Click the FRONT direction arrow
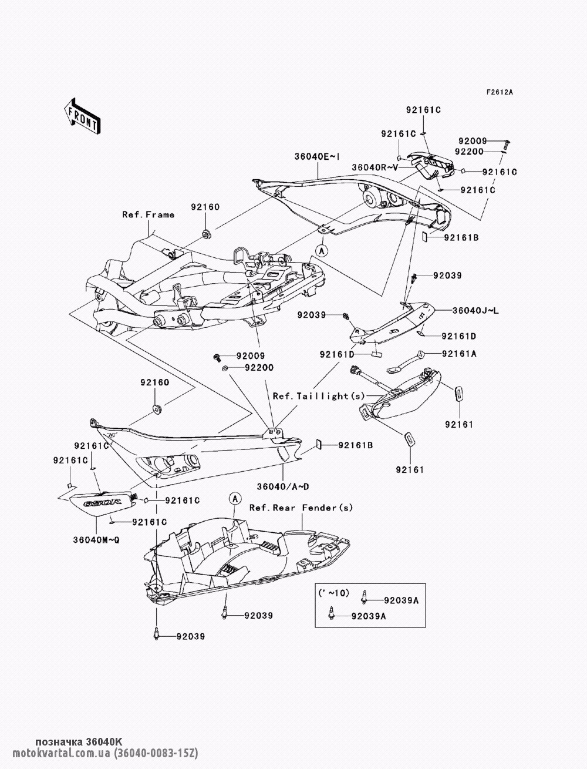pyautogui.click(x=82, y=115)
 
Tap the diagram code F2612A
pyautogui.click(x=500, y=92)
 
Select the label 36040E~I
pyautogui.click(x=316, y=157)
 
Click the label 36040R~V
pyautogui.click(x=375, y=167)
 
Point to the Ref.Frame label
pyautogui.click(x=148, y=214)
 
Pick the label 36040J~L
pyautogui.click(x=475, y=310)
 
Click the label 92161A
pyautogui.click(x=459, y=354)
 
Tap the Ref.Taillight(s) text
pyautogui.click(x=319, y=396)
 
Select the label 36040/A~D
pyautogui.click(x=283, y=486)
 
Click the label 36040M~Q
pyautogui.click(x=96, y=540)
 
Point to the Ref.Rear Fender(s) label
pyautogui.click(x=301, y=508)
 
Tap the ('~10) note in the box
pyautogui.click(x=333, y=593)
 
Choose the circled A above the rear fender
pyautogui.click(x=235, y=498)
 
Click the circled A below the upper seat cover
pyautogui.click(x=322, y=250)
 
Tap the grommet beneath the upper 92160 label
pyautogui.click(x=205, y=234)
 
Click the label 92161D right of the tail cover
pyautogui.click(x=459, y=336)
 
